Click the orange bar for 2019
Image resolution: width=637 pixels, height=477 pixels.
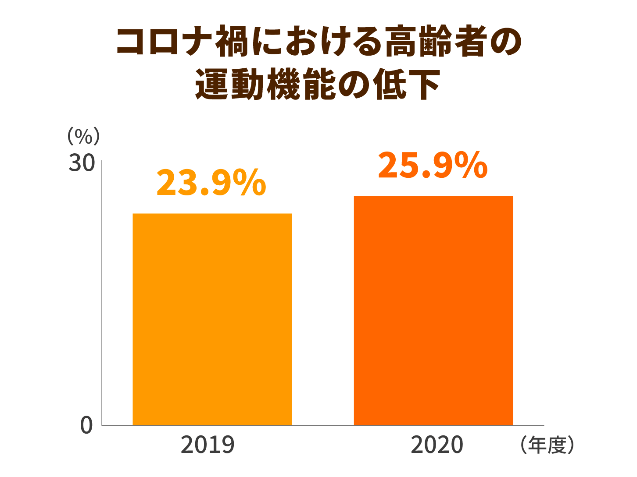212,319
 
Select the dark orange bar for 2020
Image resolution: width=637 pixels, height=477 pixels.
433,310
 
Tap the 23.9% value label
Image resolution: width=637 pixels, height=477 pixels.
211,183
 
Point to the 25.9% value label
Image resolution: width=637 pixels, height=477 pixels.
433,166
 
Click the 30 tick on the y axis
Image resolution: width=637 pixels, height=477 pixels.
82,163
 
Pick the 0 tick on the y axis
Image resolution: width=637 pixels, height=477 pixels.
86,425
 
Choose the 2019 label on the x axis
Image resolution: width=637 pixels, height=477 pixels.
208,445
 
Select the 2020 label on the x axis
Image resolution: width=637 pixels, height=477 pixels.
437,445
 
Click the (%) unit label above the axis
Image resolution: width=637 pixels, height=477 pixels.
83,136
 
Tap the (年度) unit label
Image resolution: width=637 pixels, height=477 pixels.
547,445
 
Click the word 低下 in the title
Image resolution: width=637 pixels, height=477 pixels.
407,84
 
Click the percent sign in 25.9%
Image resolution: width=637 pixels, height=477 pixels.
470,166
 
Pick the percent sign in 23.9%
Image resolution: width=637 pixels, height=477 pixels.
249,183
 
